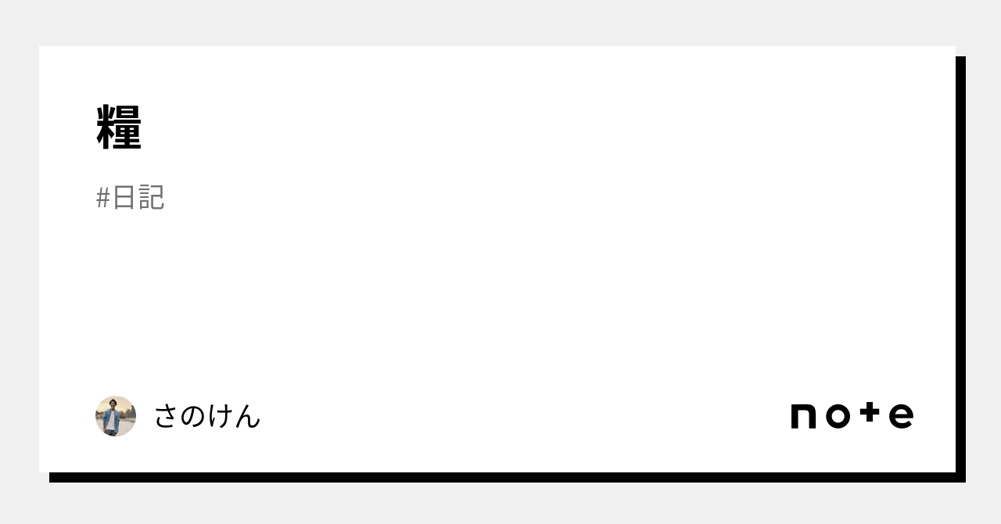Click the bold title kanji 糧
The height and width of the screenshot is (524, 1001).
119,127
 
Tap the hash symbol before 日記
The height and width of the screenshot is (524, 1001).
102,198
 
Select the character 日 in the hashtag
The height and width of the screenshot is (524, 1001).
124,197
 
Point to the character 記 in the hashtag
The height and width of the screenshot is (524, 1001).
152,197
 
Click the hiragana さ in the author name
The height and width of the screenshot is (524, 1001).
166,416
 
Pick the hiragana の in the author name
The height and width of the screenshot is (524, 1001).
193,416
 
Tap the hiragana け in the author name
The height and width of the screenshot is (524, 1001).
221,416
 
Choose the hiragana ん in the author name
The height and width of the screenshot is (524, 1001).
247,416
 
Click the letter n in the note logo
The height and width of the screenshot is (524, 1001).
803,416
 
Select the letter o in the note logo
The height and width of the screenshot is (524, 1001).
838,416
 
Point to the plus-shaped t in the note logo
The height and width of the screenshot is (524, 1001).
870,412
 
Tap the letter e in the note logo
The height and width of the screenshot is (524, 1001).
901,416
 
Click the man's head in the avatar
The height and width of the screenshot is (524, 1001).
113,404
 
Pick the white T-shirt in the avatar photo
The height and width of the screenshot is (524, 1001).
110,420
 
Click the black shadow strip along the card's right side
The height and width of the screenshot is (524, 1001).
961,269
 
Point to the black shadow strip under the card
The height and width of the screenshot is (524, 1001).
508,478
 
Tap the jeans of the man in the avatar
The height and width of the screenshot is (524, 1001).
110,432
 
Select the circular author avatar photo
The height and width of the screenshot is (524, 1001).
116,416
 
